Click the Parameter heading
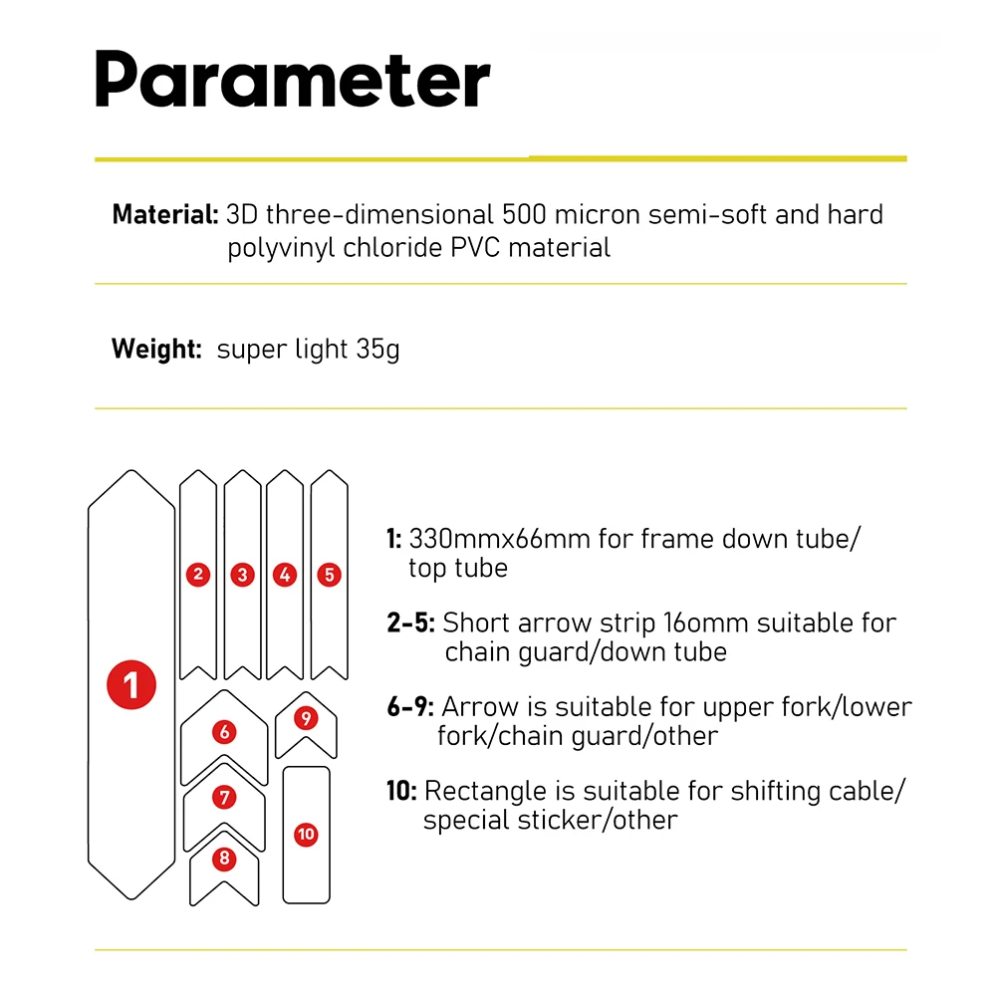click(x=293, y=80)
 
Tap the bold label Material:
click(x=165, y=215)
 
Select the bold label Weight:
click(x=156, y=349)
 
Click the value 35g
click(x=377, y=350)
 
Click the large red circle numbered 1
click(x=131, y=685)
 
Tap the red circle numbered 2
click(x=198, y=575)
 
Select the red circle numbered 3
click(x=243, y=575)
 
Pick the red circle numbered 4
click(x=285, y=575)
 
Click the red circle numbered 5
click(x=329, y=575)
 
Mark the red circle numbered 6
click(x=224, y=732)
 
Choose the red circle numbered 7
click(x=224, y=797)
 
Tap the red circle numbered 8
click(x=224, y=859)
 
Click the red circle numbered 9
click(x=306, y=718)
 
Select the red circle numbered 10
click(x=306, y=834)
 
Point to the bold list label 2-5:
click(x=411, y=622)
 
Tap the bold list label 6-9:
click(x=410, y=706)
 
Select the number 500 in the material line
click(x=524, y=215)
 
